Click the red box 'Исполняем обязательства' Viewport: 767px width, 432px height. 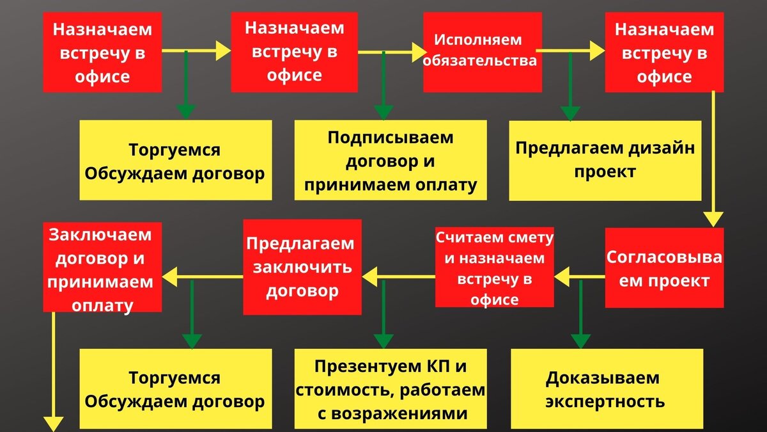click(483, 51)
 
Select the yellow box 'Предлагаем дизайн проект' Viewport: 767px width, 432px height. click(605, 160)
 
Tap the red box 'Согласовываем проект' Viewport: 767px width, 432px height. click(664, 269)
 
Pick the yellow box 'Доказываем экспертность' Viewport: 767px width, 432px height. click(607, 389)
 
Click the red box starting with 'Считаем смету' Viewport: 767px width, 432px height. click(495, 268)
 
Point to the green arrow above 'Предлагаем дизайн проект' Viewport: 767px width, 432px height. click(569, 90)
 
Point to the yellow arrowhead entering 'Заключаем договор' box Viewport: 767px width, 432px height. click(170, 276)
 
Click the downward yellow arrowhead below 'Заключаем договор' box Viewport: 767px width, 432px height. click(54, 423)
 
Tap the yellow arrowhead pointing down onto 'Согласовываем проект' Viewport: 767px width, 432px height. click(714, 218)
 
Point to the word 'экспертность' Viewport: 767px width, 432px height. click(605, 402)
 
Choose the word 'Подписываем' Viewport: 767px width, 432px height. click(390, 137)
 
